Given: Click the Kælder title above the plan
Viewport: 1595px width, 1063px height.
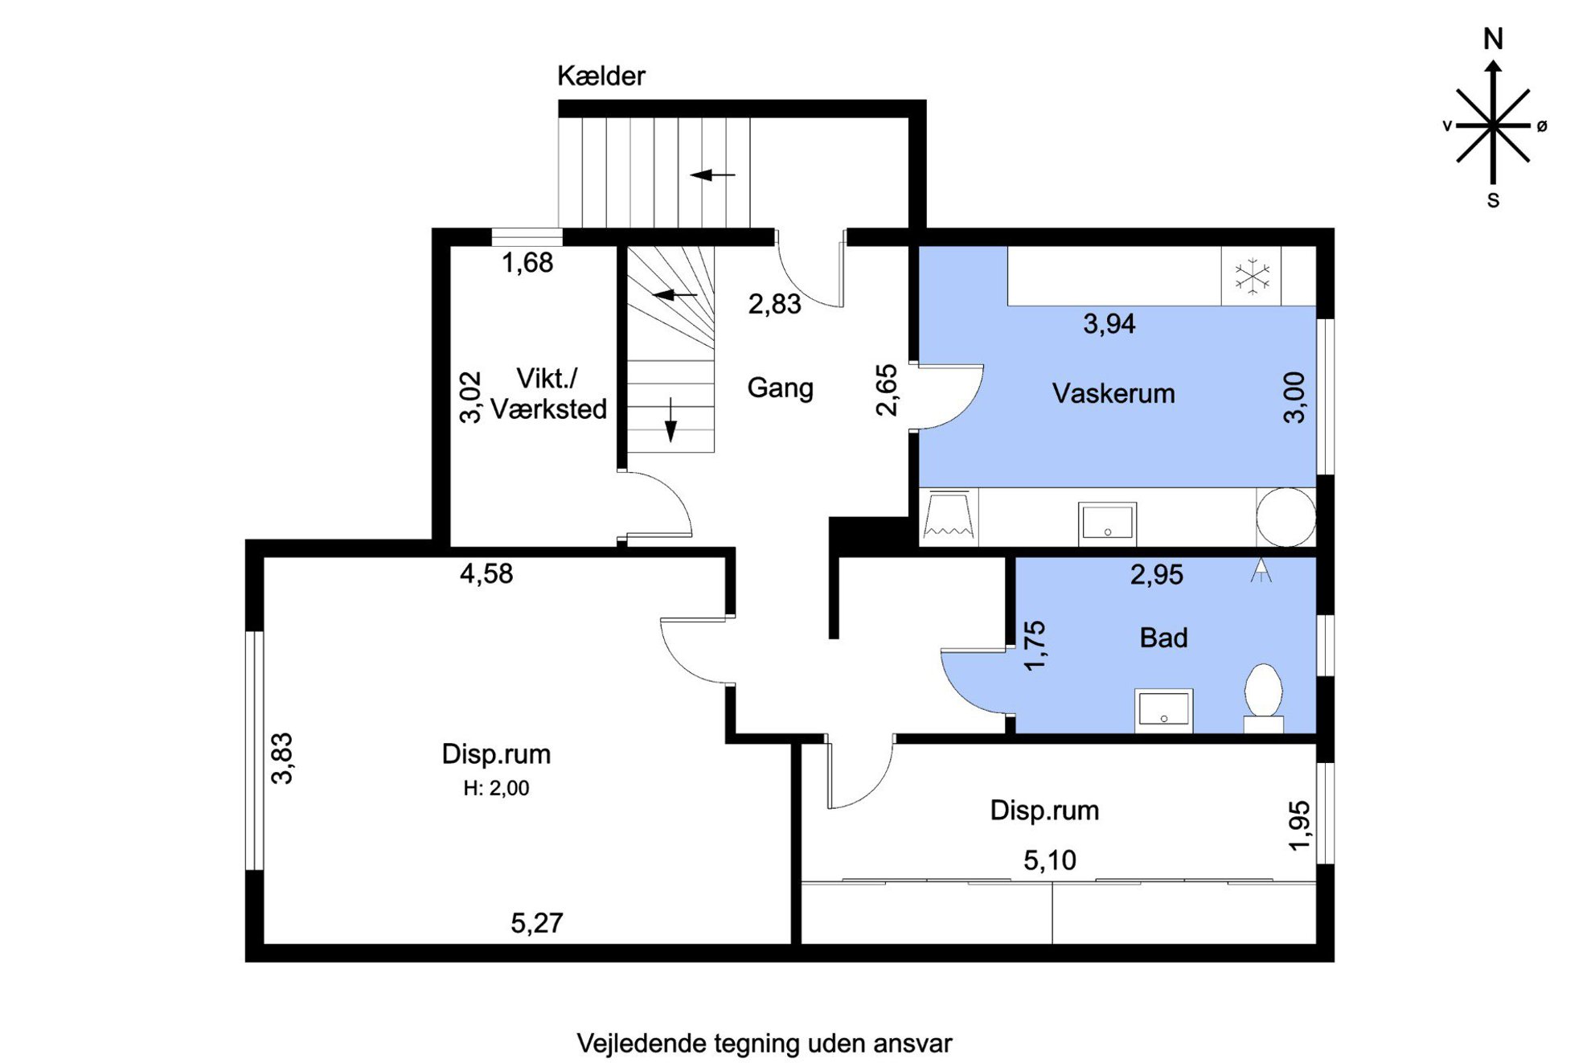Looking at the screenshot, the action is [601, 76].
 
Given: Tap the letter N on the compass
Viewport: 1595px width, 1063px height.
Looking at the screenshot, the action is [1493, 39].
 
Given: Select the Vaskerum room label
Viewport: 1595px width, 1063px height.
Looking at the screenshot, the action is [1113, 393].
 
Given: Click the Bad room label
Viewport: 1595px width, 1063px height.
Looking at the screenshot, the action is [1163, 638].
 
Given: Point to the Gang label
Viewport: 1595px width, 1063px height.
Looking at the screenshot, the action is [780, 388].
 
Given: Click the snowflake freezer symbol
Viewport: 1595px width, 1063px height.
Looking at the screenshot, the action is [1252, 276].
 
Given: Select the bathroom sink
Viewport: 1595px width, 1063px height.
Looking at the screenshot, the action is [1163, 710].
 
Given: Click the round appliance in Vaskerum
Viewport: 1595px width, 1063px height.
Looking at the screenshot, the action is [1285, 517].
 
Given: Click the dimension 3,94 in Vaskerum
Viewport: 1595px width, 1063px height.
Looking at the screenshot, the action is [1109, 324].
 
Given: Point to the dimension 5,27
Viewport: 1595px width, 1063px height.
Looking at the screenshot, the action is [537, 923].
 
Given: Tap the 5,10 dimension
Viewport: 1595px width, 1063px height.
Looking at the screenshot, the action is [1049, 861].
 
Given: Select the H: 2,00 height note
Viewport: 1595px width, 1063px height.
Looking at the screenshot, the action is [496, 788].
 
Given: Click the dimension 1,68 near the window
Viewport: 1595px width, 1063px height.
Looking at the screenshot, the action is [527, 263].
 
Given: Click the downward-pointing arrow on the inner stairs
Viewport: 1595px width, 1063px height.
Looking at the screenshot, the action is [670, 419].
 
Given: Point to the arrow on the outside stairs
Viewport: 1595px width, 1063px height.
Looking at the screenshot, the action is [712, 174].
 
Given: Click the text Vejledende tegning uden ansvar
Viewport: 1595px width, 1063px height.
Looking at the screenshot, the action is [764, 1044].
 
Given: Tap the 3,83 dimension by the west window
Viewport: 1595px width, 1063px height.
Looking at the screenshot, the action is [282, 758].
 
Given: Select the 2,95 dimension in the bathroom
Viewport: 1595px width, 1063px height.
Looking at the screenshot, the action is [1156, 575].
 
